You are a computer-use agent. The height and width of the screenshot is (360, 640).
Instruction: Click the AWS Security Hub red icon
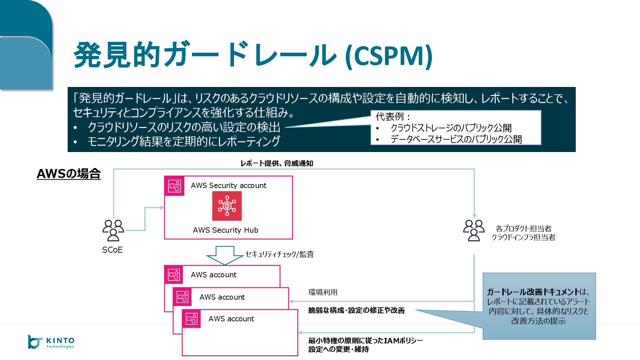(x=227, y=206)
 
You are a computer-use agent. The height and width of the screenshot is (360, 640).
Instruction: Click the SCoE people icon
(x=113, y=230)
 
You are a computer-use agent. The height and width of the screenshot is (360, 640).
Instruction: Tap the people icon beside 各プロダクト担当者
(x=474, y=230)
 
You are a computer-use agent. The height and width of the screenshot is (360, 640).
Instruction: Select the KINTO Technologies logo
(x=51, y=342)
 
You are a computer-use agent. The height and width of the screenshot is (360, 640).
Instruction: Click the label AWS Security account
(x=228, y=185)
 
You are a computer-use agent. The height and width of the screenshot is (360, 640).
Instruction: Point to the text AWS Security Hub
(x=225, y=230)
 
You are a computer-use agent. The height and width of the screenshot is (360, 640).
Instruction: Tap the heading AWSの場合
(x=69, y=174)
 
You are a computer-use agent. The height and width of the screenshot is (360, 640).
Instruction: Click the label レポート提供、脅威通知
(x=277, y=163)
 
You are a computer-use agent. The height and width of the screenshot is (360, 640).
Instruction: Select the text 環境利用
(x=323, y=292)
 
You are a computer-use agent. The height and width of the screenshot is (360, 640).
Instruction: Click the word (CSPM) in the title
(x=389, y=55)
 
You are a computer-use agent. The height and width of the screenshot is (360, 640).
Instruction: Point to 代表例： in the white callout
(x=393, y=117)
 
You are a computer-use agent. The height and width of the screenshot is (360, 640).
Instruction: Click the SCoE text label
(x=112, y=250)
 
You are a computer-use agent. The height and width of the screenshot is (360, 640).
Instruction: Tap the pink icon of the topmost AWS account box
(x=174, y=275)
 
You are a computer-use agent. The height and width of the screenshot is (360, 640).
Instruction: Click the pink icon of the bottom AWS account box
(x=191, y=319)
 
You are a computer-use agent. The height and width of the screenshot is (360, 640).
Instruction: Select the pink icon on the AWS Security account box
(x=174, y=186)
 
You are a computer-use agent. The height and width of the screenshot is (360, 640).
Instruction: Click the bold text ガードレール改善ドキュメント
(x=533, y=292)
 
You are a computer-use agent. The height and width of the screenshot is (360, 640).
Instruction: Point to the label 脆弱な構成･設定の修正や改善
(x=356, y=310)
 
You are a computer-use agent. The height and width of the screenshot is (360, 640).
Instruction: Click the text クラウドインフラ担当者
(x=523, y=237)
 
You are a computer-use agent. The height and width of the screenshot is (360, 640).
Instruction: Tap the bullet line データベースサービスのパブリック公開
(x=456, y=139)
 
